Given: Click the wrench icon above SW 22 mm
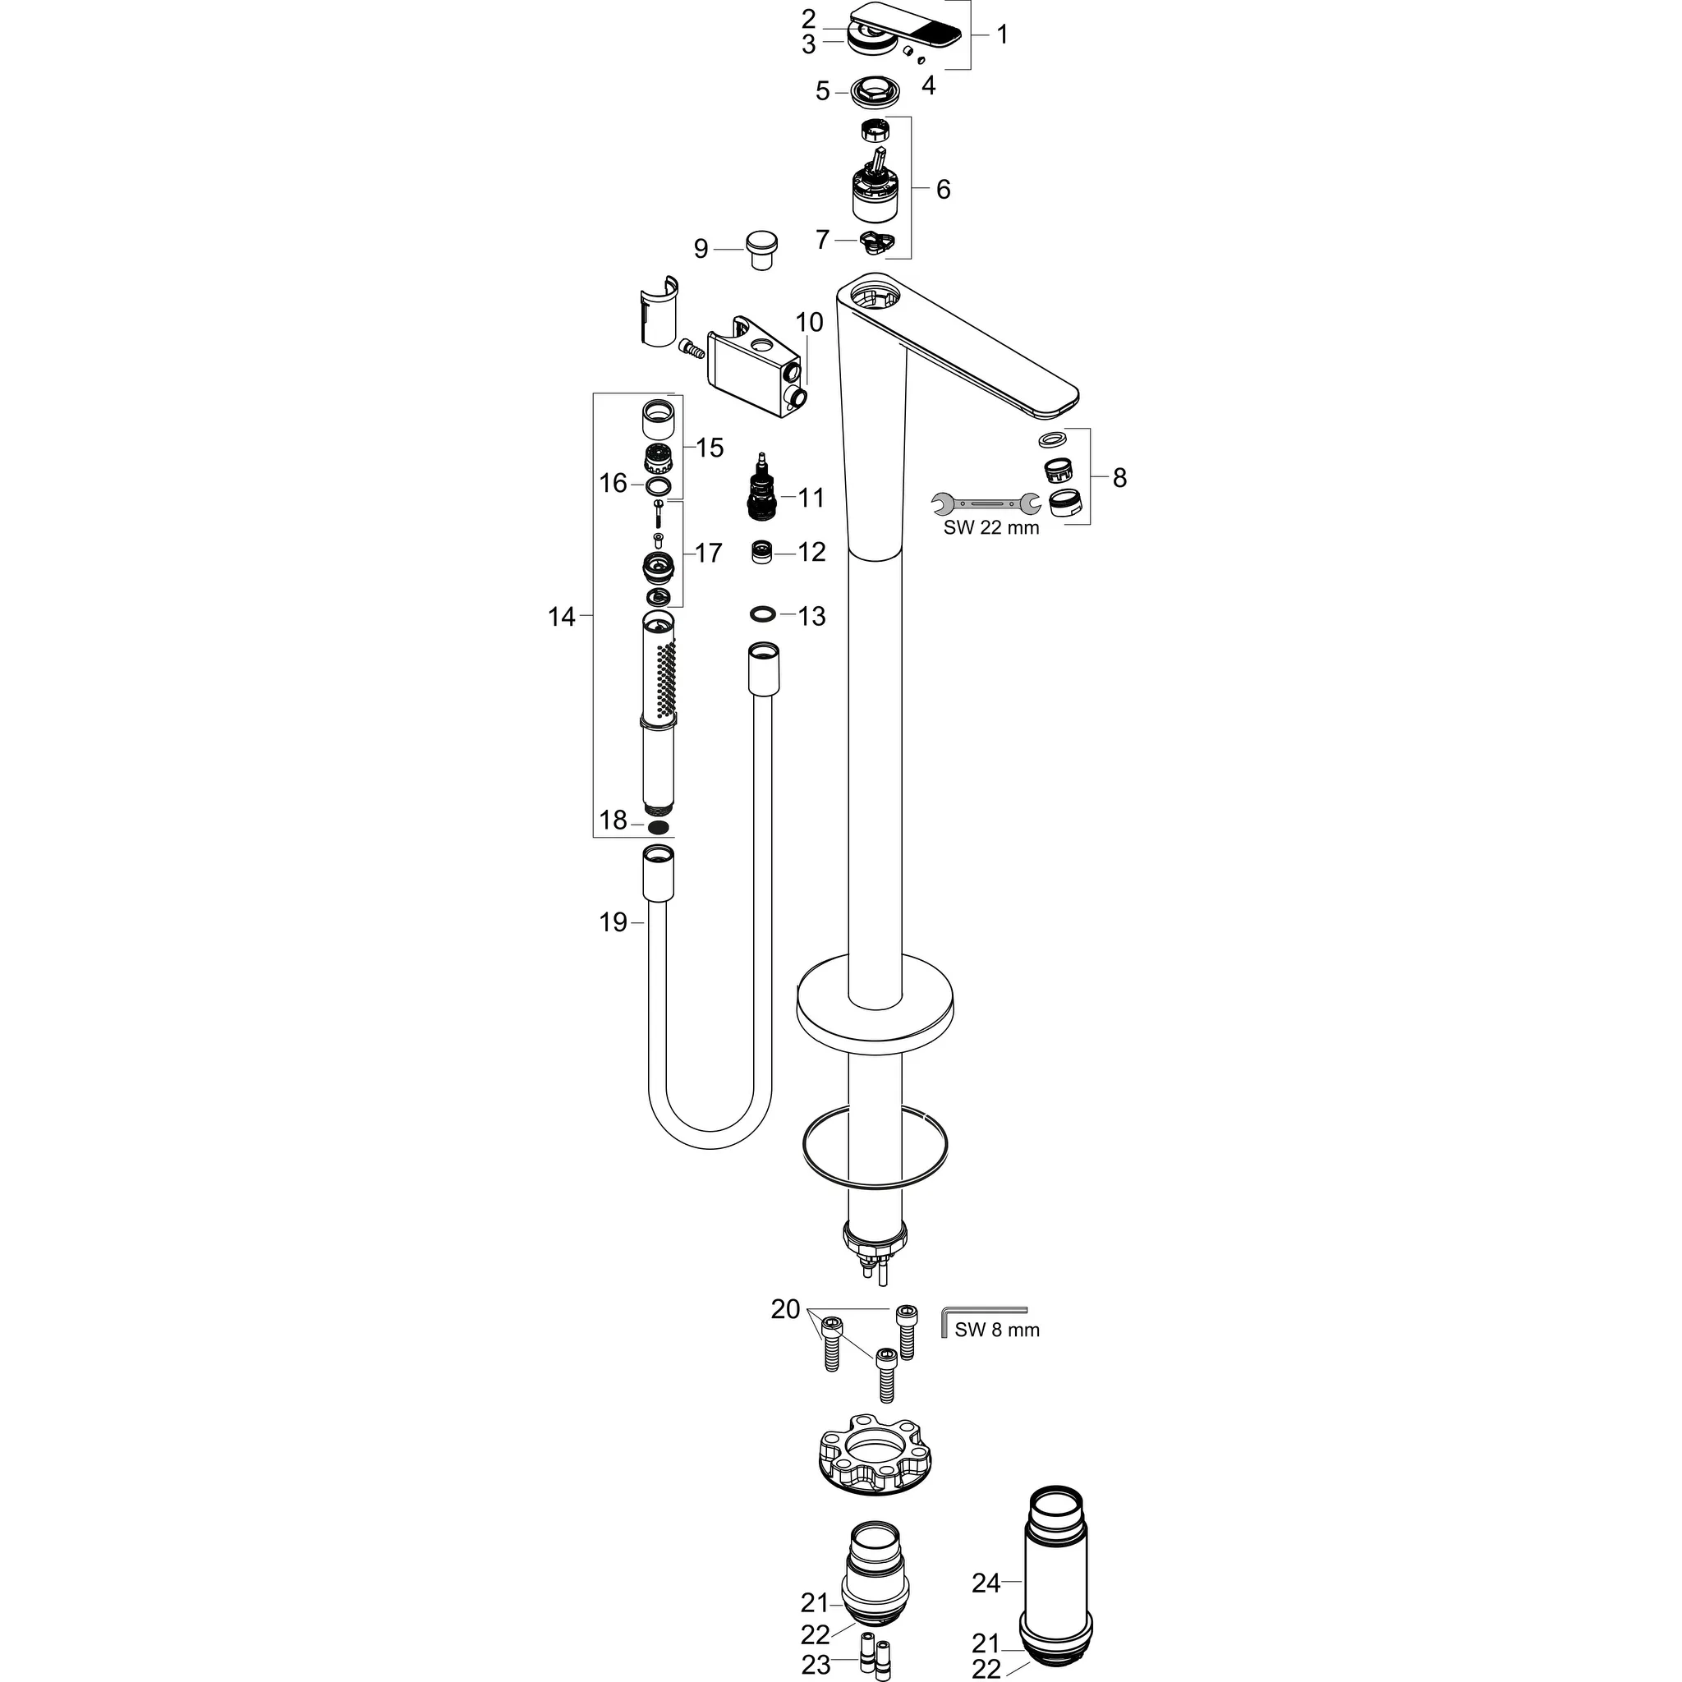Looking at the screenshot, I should (986, 503).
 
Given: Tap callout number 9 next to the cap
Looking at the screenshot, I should (701, 250).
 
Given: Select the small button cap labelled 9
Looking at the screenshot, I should (762, 249).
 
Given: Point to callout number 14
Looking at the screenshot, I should (562, 618).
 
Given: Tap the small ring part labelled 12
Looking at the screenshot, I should (764, 552).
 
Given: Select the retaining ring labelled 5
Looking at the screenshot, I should (867, 90).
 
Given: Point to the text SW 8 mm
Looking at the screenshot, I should (997, 1354).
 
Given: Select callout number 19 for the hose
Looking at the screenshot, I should (613, 922).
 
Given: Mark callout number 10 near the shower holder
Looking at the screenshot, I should (809, 322).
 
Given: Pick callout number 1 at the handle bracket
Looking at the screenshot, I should (1001, 34).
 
